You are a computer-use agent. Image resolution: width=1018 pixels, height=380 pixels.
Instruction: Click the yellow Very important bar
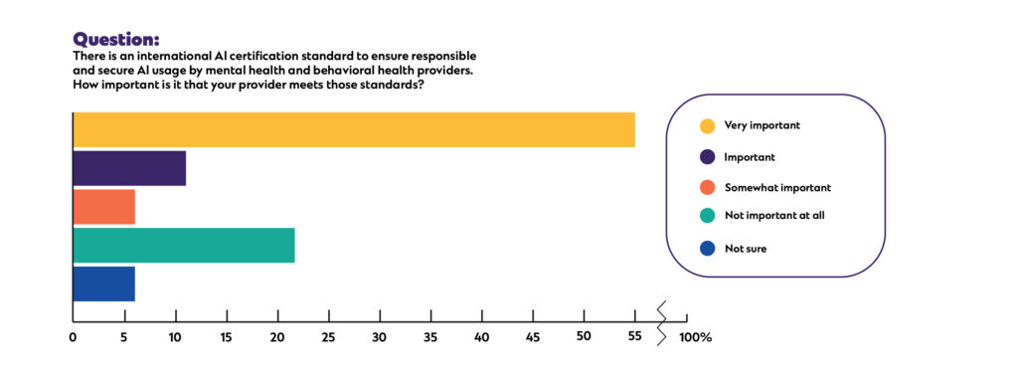click(353, 130)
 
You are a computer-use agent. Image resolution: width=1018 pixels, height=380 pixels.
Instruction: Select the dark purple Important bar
click(129, 168)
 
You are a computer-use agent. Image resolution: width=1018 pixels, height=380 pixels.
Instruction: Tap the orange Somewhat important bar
click(103, 207)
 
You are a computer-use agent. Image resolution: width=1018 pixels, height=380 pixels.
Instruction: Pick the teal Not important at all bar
click(184, 245)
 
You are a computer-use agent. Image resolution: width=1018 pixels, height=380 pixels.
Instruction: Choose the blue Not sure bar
click(103, 284)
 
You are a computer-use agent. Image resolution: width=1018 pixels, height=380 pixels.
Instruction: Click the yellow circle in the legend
click(707, 125)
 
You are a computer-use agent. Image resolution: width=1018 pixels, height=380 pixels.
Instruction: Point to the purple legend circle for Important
click(707, 156)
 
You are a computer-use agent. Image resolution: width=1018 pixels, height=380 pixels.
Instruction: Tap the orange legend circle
click(707, 187)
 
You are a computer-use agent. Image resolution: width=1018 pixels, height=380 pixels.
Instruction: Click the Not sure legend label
click(746, 249)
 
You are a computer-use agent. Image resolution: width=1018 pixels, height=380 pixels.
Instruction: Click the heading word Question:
click(116, 40)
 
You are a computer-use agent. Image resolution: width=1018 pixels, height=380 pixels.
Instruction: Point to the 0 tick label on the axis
click(73, 337)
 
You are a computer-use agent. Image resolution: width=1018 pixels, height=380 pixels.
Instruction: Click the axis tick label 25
click(328, 337)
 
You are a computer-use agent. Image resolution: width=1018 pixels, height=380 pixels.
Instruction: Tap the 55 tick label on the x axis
click(634, 337)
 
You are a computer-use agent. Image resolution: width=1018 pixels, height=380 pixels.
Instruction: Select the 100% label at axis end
click(695, 337)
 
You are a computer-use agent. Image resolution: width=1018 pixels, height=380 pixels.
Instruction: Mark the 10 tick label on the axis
click(175, 337)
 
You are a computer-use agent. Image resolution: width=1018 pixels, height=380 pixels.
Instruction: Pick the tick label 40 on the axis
click(481, 337)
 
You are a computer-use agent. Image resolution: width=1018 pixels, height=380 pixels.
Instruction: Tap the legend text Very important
click(762, 125)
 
